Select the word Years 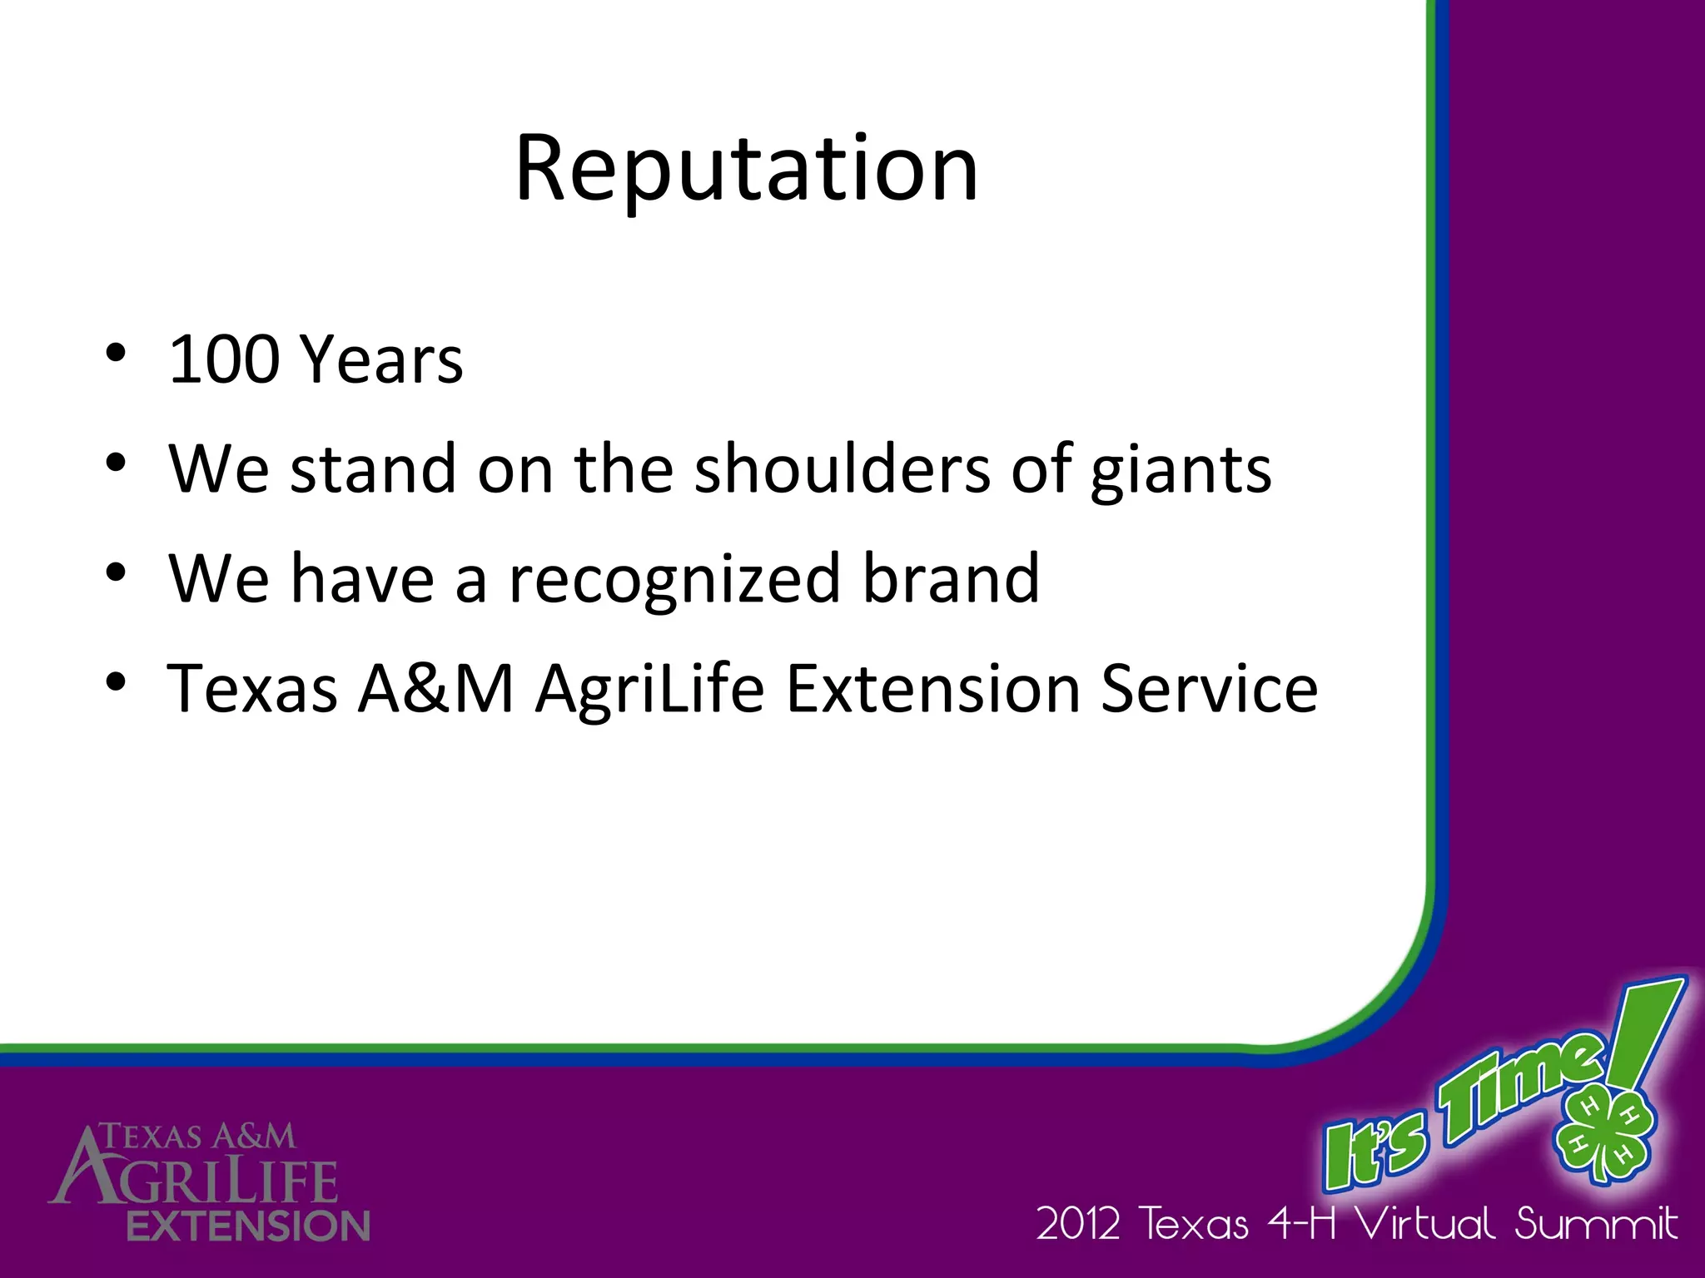point(381,359)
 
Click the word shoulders point(842,468)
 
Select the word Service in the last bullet point(1209,688)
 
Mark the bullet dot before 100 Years point(116,353)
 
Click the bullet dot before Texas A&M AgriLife point(116,681)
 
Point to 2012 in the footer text point(1078,1225)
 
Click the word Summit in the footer point(1595,1223)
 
